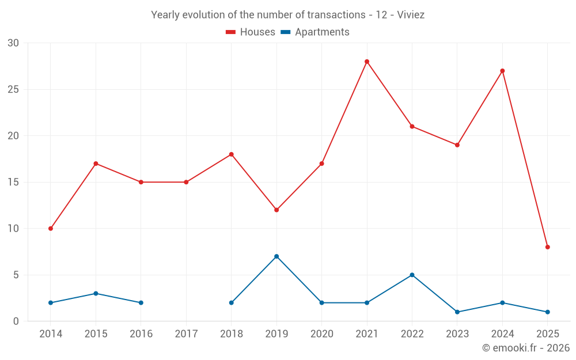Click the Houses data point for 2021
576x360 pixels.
[x=367, y=62]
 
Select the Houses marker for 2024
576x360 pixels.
[x=502, y=71]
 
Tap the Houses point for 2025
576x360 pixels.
[x=548, y=247]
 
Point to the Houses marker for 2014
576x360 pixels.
[x=51, y=229]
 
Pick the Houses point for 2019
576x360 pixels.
[x=276, y=210]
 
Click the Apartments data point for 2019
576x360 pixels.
[x=276, y=256]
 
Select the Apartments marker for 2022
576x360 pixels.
[x=412, y=275]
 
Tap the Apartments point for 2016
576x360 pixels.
[x=141, y=302]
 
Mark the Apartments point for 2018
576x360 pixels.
[x=232, y=302]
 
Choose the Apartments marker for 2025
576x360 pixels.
[x=548, y=312]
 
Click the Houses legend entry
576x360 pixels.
[x=251, y=32]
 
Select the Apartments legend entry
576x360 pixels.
[x=315, y=32]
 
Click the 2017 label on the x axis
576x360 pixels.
[x=186, y=334]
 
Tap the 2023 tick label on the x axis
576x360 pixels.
[x=457, y=334]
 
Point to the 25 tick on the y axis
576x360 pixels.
[x=13, y=89]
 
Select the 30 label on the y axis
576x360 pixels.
[x=13, y=43]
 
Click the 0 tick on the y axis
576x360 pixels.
[x=16, y=321]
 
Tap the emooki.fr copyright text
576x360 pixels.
[x=526, y=348]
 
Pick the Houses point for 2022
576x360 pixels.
[x=412, y=126]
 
